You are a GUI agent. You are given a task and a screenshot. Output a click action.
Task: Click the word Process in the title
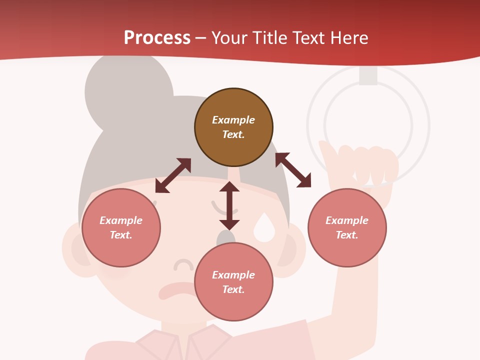(x=157, y=38)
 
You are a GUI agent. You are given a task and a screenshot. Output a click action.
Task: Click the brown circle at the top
(x=233, y=127)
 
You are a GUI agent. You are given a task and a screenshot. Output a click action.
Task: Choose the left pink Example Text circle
(x=121, y=227)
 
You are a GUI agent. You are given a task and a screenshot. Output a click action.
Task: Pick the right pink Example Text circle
(x=347, y=227)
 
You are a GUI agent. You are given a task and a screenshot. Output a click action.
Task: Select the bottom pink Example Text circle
(x=233, y=282)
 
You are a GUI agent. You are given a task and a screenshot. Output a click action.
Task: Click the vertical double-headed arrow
(x=229, y=205)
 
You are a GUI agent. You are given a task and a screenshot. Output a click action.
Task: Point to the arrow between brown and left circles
(x=173, y=175)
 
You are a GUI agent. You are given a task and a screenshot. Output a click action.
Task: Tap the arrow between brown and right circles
(x=293, y=170)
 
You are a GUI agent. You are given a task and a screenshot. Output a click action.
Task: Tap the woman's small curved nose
(x=183, y=264)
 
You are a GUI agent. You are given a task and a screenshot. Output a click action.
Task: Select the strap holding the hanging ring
(x=368, y=75)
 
